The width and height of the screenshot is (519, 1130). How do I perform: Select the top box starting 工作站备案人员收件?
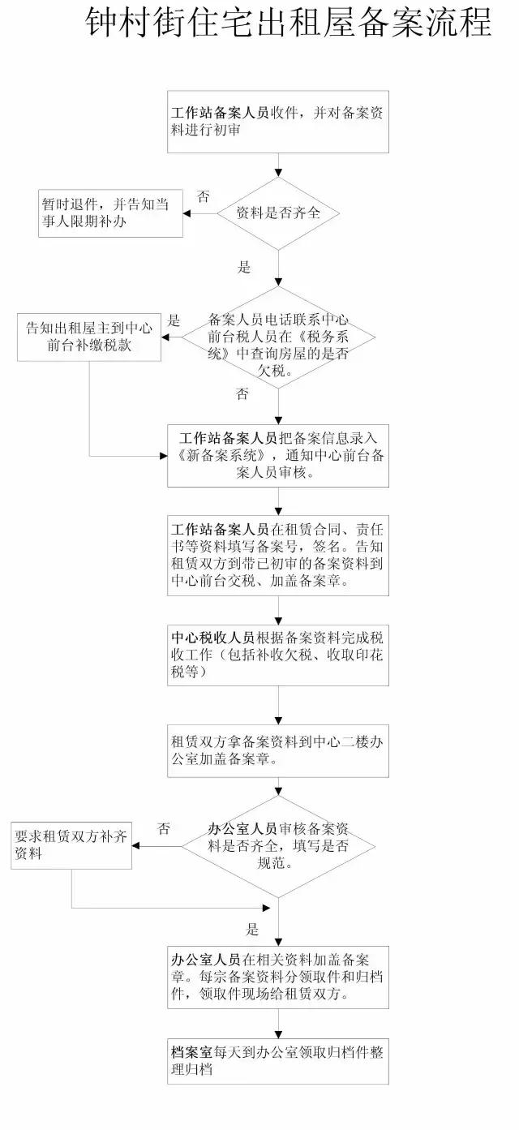pyautogui.click(x=278, y=122)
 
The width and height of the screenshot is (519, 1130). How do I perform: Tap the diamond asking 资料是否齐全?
pyautogui.click(x=278, y=214)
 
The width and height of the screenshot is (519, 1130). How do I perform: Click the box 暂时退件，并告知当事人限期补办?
pyautogui.click(x=111, y=214)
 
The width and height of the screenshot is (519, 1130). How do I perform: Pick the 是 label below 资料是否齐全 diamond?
pyautogui.click(x=243, y=267)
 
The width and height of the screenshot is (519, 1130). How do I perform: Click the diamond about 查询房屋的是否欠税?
pyautogui.click(x=278, y=337)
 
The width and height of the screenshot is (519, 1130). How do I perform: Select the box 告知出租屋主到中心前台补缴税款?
pyautogui.click(x=89, y=337)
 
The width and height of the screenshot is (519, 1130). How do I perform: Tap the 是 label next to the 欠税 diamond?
pyautogui.click(x=174, y=320)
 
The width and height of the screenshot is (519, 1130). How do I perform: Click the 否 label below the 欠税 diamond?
pyautogui.click(x=242, y=394)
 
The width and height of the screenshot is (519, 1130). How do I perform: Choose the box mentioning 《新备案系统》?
pyautogui.click(x=278, y=455)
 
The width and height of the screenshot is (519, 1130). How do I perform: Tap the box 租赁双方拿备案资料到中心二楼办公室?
pyautogui.click(x=278, y=750)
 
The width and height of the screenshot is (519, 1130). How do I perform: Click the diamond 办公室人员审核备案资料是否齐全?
pyautogui.click(x=278, y=846)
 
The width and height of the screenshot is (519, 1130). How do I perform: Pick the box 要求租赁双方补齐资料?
pyautogui.click(x=71, y=846)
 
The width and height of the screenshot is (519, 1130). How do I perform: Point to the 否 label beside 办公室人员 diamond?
pyautogui.click(x=164, y=828)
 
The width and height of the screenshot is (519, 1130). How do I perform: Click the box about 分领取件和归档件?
pyautogui.click(x=278, y=978)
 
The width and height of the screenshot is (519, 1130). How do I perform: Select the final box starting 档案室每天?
pyautogui.click(x=278, y=1060)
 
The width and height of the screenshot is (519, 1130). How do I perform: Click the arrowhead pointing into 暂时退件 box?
pyautogui.click(x=187, y=214)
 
